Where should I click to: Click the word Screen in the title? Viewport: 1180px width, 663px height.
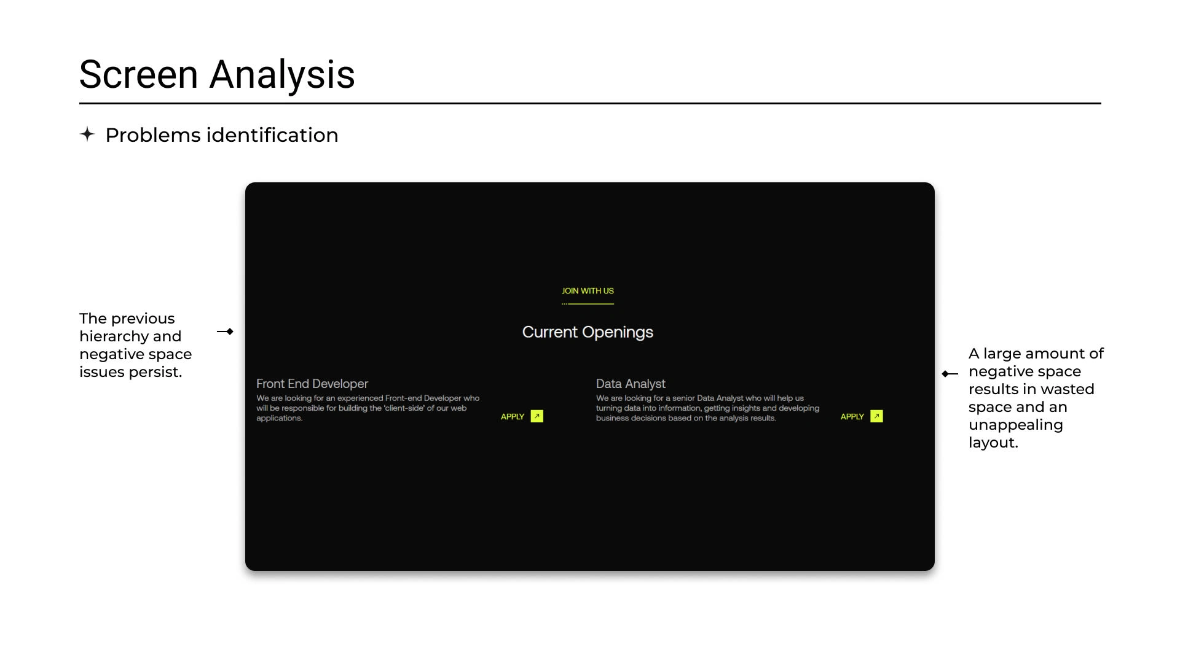pos(139,74)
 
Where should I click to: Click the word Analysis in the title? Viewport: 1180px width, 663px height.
pos(282,74)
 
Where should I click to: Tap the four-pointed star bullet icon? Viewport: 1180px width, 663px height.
pos(87,134)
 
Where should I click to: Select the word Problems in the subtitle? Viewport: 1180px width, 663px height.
pos(153,135)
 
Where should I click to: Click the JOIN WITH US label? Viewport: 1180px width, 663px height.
pos(588,291)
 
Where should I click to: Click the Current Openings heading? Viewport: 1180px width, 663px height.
pos(588,332)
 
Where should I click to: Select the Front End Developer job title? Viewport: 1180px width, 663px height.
pos(312,384)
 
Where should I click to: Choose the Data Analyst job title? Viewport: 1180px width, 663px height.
pos(631,384)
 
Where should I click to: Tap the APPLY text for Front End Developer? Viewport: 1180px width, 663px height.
pos(513,417)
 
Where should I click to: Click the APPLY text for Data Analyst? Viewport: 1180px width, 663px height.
pos(852,417)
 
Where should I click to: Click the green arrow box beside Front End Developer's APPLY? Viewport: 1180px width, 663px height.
pos(537,416)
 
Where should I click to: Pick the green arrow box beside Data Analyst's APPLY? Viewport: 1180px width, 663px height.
pos(877,416)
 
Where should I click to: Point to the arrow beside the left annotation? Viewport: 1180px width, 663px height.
pos(225,331)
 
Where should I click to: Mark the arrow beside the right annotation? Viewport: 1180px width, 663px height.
pos(950,374)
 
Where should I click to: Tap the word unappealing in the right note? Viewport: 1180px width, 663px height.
pos(1016,425)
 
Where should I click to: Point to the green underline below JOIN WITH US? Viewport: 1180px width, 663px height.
pos(588,304)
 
